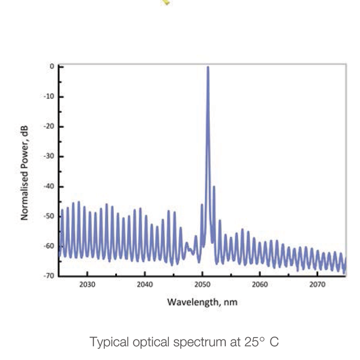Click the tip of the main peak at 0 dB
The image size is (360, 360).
pos(207,67)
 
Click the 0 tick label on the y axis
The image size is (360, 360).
pos(52,67)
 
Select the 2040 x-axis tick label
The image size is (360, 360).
pos(145,284)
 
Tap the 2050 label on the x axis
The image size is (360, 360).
pos(202,284)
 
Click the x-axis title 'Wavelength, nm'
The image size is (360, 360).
pos(202,301)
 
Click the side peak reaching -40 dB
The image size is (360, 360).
pos(214,186)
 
